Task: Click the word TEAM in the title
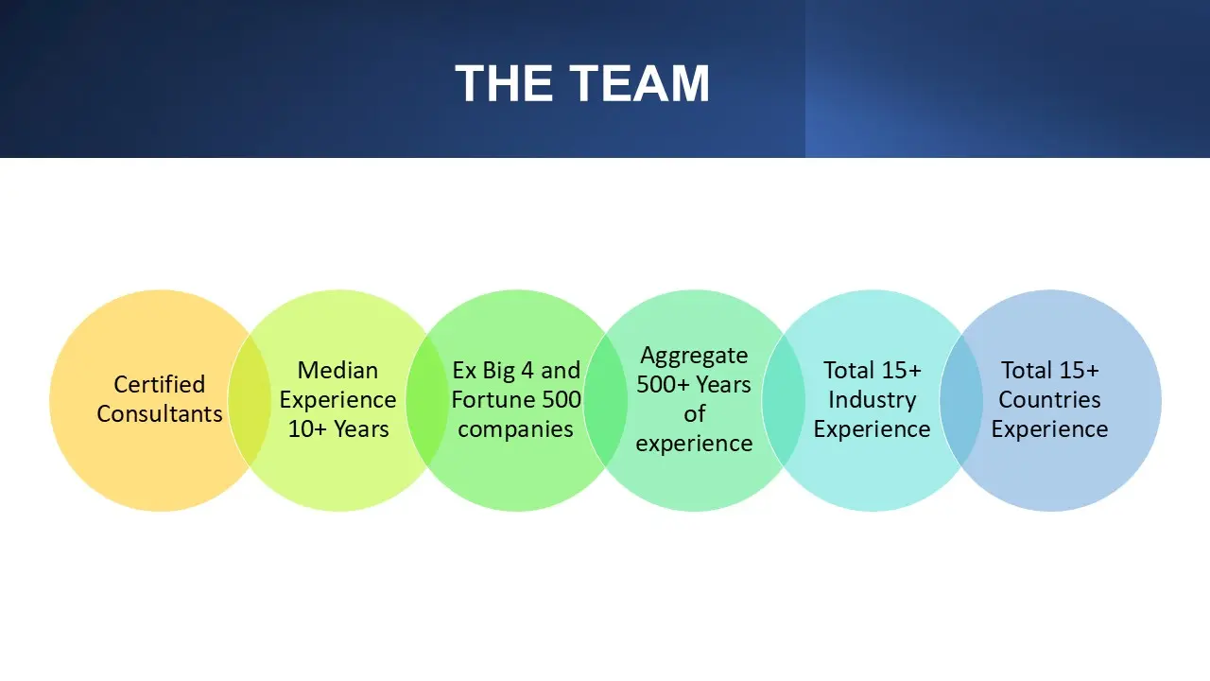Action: [639, 83]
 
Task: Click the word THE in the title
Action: [505, 83]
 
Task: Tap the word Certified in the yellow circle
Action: [160, 384]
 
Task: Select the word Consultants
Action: [160, 414]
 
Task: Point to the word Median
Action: [337, 370]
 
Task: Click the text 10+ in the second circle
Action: [307, 429]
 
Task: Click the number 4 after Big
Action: [527, 370]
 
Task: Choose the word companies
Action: [515, 429]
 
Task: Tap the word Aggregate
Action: [694, 357]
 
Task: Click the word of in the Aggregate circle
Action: [694, 414]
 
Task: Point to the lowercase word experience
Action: [694, 444]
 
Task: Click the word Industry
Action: [872, 400]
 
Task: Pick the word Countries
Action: [1049, 400]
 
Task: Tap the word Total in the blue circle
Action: [1025, 370]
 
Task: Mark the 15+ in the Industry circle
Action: [900, 370]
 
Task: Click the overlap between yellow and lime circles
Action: [249, 400]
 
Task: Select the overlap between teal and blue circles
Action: [961, 400]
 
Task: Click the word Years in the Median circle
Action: [361, 429]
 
